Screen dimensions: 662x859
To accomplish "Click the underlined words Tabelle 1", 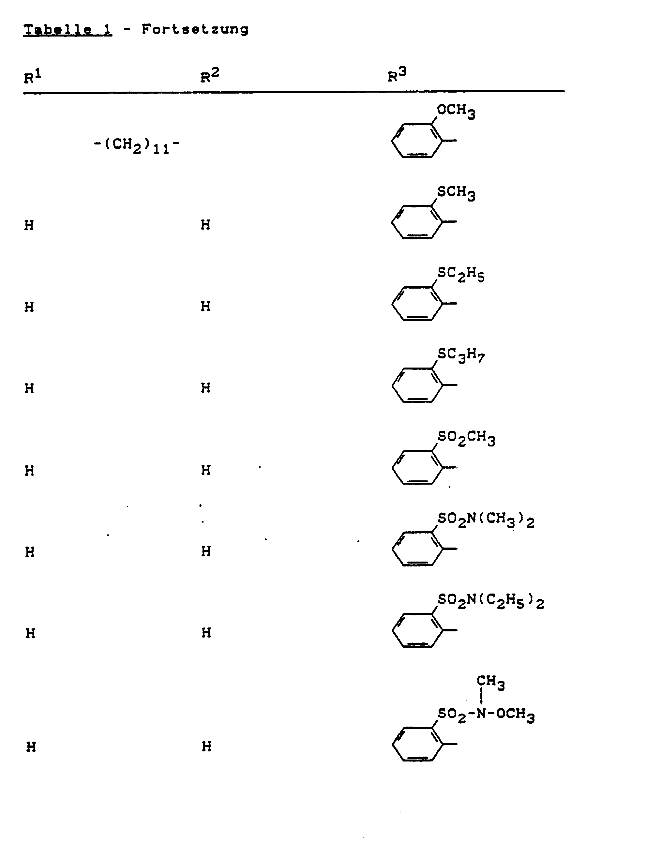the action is pos(68,29).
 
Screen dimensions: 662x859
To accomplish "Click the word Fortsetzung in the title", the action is pos(195,29).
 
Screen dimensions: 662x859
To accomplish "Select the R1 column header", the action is pos(32,77).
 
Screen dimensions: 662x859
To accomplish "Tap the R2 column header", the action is pos(209,76).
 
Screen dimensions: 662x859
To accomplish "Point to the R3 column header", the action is pos(397,75).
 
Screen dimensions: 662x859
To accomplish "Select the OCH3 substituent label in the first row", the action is pos(456,111).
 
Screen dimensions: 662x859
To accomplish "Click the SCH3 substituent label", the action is pos(456,193).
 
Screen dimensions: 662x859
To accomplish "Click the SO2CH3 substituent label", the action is pos(466,438).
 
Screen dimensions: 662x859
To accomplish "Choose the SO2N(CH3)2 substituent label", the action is pos(486,520).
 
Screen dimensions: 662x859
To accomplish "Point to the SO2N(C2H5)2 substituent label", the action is pos(491,601).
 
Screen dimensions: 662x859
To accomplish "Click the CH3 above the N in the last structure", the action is pos(490,682).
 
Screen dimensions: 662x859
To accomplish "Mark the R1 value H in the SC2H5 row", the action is pos(29,307).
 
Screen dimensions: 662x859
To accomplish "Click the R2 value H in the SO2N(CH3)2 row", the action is pos(206,551).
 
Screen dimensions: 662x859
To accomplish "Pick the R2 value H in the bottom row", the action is pos(207,746).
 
